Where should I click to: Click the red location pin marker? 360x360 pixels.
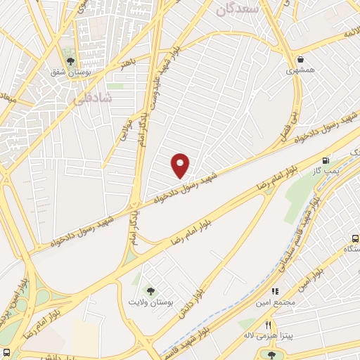181,165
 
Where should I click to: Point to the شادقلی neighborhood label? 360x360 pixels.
92,100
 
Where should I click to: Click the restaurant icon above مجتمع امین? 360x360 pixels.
275,290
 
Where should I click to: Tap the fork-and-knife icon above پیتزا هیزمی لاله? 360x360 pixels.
268,324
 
